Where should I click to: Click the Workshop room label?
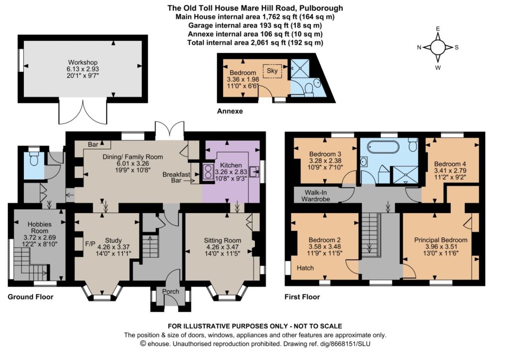tap(83, 62)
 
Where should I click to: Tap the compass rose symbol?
tap(438, 47)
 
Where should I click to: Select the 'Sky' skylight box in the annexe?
tap(272, 71)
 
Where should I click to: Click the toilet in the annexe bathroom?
tap(308, 88)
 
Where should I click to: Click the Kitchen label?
tap(231, 165)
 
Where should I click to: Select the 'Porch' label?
tap(171, 291)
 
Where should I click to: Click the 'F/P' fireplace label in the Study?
tap(90, 243)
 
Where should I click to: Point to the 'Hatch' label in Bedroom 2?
tap(305, 268)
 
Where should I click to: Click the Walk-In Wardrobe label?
tap(316, 196)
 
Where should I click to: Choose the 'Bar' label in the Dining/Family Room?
tap(93, 144)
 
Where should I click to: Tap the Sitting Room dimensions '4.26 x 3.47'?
tap(223, 247)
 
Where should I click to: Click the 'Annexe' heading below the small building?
tap(230, 111)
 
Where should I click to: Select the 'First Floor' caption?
tap(302, 297)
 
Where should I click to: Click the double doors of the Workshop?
tap(83, 112)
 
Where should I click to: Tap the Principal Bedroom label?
tap(441, 240)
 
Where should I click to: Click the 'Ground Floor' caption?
tap(30, 297)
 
